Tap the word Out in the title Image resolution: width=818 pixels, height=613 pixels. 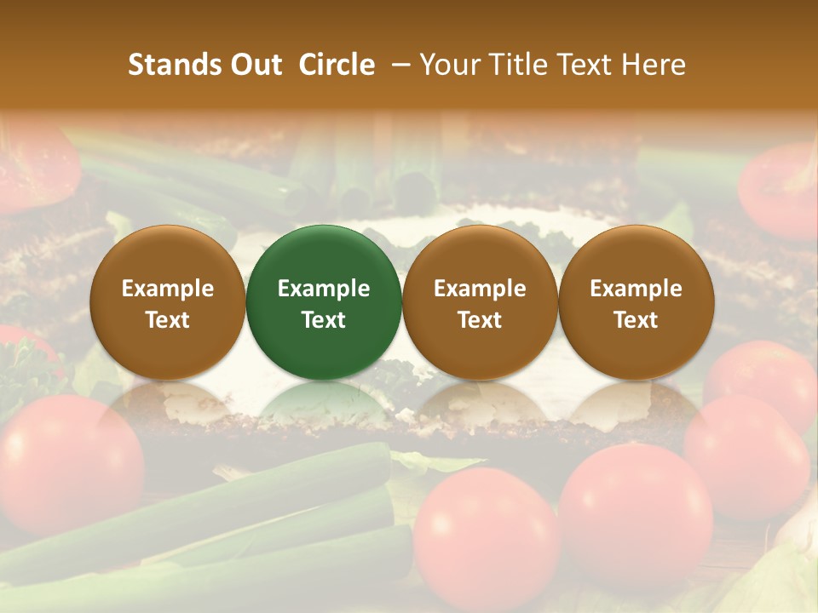click(256, 65)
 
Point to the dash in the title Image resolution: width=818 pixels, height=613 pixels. click(397, 65)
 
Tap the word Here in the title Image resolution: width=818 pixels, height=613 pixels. click(654, 65)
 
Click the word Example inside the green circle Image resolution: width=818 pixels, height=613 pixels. click(324, 289)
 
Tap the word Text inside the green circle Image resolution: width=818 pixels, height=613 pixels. click(324, 320)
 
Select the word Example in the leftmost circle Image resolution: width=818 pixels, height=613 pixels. click(167, 289)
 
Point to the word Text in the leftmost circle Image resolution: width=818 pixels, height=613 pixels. click(167, 320)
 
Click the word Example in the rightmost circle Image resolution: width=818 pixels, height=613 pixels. click(636, 289)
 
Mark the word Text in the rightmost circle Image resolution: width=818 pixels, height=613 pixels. click(636, 320)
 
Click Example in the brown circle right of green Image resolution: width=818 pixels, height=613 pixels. click(480, 289)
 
